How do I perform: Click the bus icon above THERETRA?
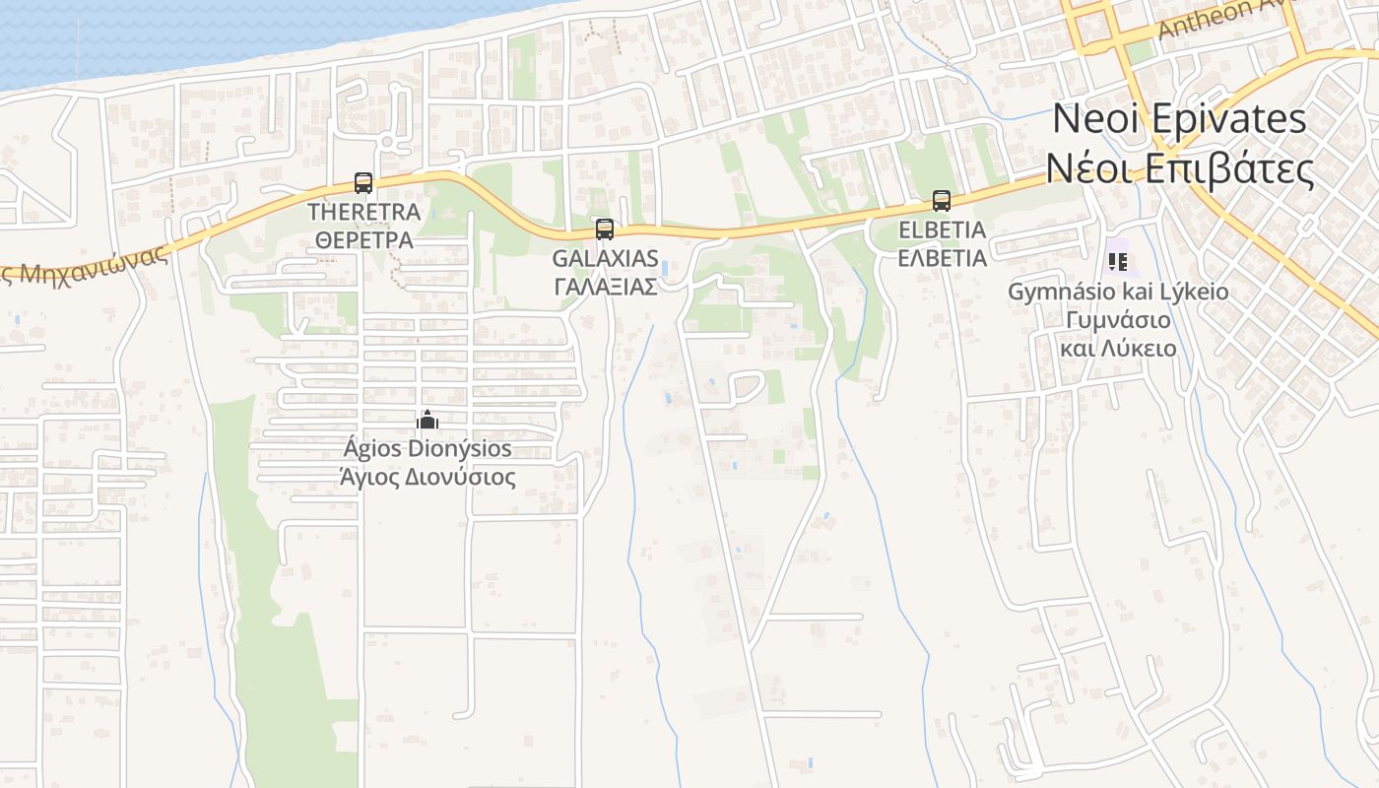click(x=363, y=183)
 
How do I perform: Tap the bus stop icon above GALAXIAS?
click(x=605, y=230)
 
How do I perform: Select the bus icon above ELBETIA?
click(x=942, y=201)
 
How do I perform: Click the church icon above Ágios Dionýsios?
click(x=427, y=421)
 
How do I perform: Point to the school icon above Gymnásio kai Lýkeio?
click(x=1117, y=261)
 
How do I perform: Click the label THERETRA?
click(x=363, y=212)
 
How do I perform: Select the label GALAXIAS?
click(x=605, y=258)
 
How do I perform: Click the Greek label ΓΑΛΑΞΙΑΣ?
click(x=605, y=287)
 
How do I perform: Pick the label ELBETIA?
click(x=942, y=230)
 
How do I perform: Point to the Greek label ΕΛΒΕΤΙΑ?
click(x=942, y=258)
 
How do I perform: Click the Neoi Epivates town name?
click(x=1179, y=119)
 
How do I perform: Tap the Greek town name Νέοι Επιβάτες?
click(x=1179, y=169)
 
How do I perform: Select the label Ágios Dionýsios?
click(x=427, y=449)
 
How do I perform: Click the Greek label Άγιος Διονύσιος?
click(x=427, y=478)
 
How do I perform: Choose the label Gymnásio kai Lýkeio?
click(x=1118, y=292)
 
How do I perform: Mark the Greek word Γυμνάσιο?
click(x=1118, y=320)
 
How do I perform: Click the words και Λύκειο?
click(x=1118, y=349)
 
